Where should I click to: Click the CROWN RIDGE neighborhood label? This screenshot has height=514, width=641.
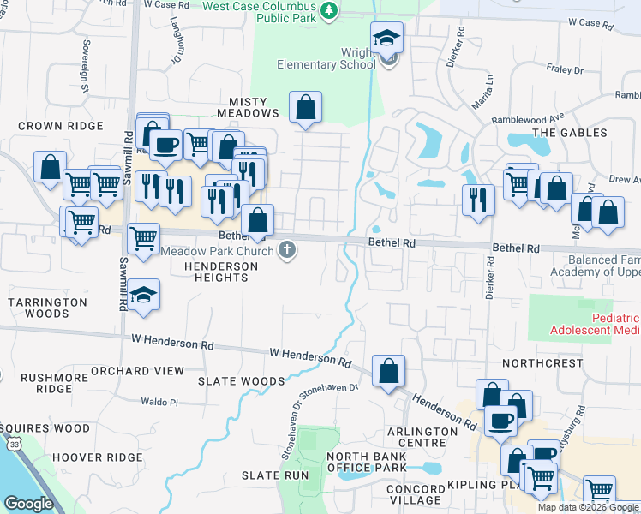pos(61,126)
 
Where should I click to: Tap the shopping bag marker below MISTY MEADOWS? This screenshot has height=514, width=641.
pos(305,108)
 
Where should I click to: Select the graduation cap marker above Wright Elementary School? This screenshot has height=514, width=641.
pos(387,38)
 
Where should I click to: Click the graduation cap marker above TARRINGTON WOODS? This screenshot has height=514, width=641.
pos(147,295)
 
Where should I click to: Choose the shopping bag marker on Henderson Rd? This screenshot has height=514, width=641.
pos(388,371)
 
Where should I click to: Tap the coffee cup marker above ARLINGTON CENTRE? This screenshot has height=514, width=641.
pos(501,421)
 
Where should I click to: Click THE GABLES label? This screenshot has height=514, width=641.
pos(570,133)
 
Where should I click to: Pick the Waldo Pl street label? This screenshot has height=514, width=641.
pos(159,402)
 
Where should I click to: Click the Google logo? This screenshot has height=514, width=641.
pos(29,504)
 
